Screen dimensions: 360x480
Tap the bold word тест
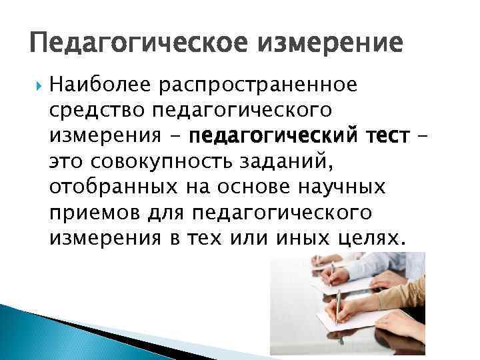point(383,137)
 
